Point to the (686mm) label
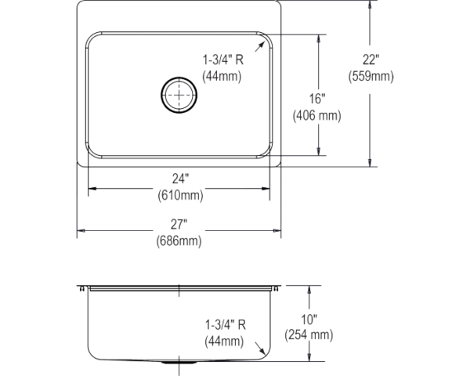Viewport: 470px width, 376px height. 180,242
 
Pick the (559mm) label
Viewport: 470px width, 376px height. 370,77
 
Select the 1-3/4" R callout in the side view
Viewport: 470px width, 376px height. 226,323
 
